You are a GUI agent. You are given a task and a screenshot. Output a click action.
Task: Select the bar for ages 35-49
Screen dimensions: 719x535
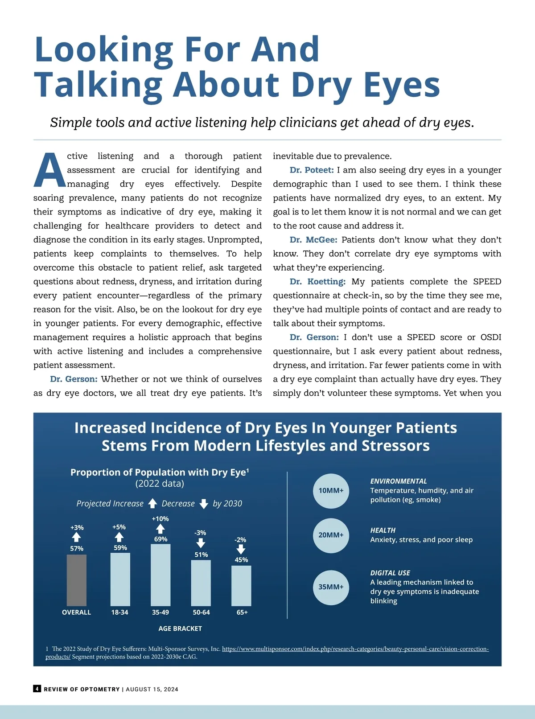click(x=160, y=575)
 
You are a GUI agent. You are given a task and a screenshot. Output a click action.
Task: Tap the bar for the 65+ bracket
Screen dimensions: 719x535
click(x=241, y=585)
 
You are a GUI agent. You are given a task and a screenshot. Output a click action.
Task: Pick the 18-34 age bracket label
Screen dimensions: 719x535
click(x=119, y=612)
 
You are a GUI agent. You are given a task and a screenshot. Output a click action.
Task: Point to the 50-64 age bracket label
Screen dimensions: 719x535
click(x=201, y=612)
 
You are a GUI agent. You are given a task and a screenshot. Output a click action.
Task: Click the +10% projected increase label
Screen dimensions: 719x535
click(x=160, y=519)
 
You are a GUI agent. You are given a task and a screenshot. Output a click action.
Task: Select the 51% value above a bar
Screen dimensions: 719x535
click(x=201, y=555)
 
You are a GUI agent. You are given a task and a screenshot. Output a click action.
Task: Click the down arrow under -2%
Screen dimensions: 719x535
click(x=241, y=549)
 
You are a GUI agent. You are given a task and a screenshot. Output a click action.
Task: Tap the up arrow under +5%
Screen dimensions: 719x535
click(x=119, y=537)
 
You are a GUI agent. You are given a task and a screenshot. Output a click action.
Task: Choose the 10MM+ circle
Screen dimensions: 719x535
click(x=331, y=491)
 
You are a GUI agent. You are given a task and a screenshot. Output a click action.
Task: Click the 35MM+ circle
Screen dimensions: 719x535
click(x=331, y=587)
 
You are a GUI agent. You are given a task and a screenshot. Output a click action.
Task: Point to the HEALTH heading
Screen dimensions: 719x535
click(x=383, y=530)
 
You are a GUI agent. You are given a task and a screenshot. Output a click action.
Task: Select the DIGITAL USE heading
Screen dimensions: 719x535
click(x=390, y=573)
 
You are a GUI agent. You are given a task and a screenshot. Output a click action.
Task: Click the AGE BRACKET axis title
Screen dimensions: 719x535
click(x=180, y=629)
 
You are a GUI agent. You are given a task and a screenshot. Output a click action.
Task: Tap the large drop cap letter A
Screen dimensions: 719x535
click(x=49, y=171)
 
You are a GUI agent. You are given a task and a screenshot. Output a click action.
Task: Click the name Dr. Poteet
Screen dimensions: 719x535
click(x=312, y=170)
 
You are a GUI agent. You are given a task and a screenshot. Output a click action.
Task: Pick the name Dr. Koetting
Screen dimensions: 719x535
click(x=317, y=281)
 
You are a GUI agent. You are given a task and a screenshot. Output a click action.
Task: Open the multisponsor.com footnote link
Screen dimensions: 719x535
click(x=355, y=649)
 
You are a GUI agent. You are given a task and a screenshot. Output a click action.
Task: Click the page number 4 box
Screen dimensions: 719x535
click(x=37, y=689)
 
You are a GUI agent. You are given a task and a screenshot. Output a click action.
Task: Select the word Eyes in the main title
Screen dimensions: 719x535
click(x=402, y=85)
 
